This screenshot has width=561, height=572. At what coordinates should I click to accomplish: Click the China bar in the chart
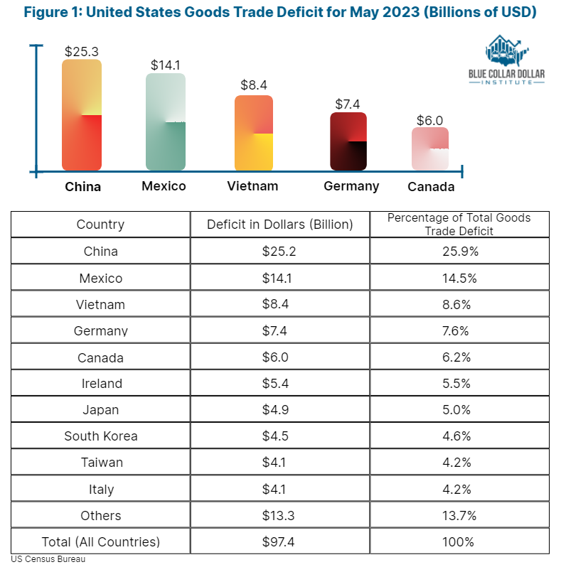(x=82, y=115)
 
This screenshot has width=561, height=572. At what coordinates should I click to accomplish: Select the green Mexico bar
(x=166, y=122)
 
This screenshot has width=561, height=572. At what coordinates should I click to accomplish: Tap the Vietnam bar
(x=254, y=133)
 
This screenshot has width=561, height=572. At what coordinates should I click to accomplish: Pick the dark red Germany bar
(x=348, y=141)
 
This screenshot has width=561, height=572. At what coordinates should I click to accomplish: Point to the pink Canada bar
(x=430, y=149)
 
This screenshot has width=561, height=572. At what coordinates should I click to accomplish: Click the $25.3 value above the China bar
(x=82, y=51)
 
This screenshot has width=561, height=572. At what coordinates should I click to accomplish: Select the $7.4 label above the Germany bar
(x=348, y=104)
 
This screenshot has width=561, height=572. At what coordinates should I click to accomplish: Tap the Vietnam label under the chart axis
(x=252, y=186)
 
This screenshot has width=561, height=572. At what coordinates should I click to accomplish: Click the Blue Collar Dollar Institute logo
(x=507, y=60)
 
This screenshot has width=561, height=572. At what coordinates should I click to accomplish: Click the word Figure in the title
(x=46, y=12)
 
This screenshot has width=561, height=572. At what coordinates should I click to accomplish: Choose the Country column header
(x=100, y=225)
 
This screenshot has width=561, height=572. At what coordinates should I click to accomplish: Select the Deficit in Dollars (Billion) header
(x=280, y=225)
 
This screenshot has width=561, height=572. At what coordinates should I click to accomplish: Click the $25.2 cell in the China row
(x=279, y=252)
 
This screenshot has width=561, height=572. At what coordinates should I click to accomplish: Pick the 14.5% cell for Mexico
(x=459, y=279)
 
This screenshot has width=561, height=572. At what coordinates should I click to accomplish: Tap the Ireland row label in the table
(x=102, y=384)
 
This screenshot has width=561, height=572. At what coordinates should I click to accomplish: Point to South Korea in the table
(x=101, y=436)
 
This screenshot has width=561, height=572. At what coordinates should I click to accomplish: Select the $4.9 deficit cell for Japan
(x=275, y=410)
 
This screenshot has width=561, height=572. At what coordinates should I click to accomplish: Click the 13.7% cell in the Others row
(x=459, y=515)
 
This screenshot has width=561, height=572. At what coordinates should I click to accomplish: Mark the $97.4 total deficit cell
(x=278, y=541)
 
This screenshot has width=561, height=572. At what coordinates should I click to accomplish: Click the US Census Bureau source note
(x=48, y=559)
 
